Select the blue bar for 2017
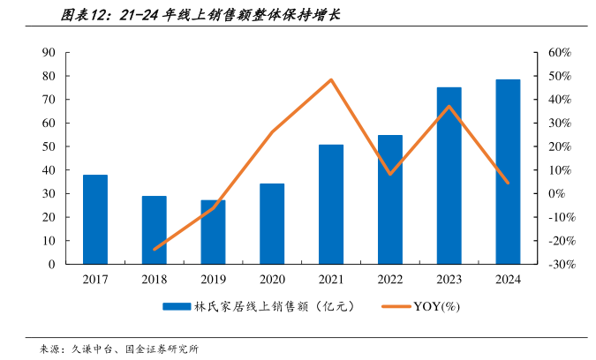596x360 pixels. [95, 219]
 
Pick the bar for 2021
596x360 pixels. [331, 204]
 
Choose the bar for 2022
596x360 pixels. [390, 199]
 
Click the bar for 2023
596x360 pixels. [449, 176]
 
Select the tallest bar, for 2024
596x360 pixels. [508, 171]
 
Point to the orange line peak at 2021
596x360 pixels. [331, 80]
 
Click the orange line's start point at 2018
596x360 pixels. [155, 249]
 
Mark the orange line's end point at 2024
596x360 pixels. [508, 183]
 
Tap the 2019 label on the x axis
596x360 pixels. [213, 280]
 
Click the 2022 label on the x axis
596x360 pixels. [390, 280]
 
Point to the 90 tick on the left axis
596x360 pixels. [49, 53]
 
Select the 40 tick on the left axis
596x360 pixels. [49, 170]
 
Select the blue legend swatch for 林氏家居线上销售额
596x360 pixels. [177, 306]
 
